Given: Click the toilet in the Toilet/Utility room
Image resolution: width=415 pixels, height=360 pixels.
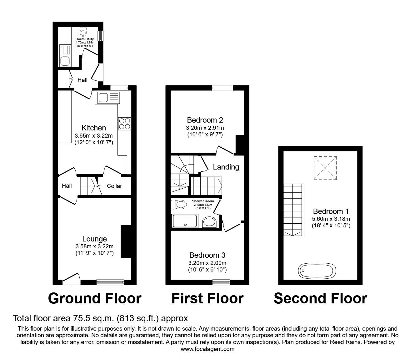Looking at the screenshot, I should coord(83,32).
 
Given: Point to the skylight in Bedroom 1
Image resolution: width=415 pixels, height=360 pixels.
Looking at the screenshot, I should coord(325,168).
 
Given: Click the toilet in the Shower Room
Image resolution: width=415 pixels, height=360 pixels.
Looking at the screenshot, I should coord(178,205).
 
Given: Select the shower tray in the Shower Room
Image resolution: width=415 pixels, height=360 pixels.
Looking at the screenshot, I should coord(186,221).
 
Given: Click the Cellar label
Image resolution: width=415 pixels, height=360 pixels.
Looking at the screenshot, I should coord(114,186).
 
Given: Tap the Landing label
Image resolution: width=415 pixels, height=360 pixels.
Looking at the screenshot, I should coord(226,167).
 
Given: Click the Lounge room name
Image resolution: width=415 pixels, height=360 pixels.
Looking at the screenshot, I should coord(94,239).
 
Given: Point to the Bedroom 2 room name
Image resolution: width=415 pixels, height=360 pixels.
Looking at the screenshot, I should coord(205,120).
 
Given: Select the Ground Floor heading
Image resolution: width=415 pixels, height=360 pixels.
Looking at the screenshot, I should coord(95,298).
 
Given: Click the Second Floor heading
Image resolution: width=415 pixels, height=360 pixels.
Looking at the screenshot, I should coord(320,298).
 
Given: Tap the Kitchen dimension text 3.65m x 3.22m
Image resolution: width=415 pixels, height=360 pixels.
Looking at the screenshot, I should coord(94,136).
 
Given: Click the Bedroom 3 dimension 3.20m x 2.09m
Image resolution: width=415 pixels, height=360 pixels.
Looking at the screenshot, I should coord(207,263).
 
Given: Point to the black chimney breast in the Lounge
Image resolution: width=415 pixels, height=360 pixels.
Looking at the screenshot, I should coord(126,241).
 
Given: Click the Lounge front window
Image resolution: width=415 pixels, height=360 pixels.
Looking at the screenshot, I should coord(110,282).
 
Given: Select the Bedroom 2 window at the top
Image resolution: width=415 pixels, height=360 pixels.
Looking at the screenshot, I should coord(222,88).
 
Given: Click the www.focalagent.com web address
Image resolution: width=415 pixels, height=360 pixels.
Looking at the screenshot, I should coord(207,349).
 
